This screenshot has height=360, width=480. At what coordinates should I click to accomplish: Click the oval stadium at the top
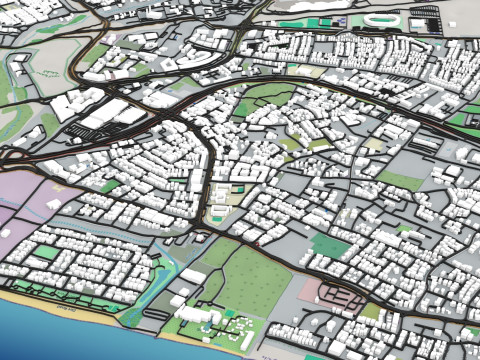[x=380, y=20]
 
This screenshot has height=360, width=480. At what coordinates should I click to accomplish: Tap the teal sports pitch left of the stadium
[x=292, y=22]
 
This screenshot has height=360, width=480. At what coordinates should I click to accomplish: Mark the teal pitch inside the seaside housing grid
[x=45, y=253]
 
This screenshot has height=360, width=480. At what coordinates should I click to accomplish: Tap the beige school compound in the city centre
[x=218, y=212]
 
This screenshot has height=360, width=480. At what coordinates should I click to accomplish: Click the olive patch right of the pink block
[x=370, y=311]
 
